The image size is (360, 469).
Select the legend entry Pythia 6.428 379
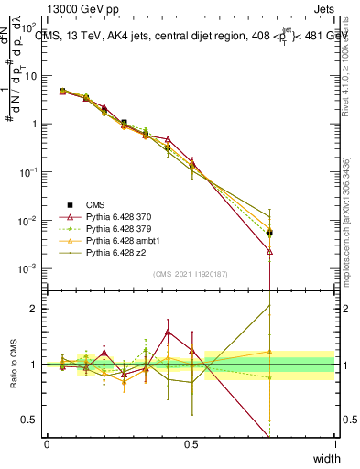pyautogui.click(x=112, y=225)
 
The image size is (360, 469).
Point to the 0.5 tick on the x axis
pyautogui.click(x=191, y=443)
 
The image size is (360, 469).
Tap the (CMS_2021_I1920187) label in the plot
pyautogui.click(x=191, y=273)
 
